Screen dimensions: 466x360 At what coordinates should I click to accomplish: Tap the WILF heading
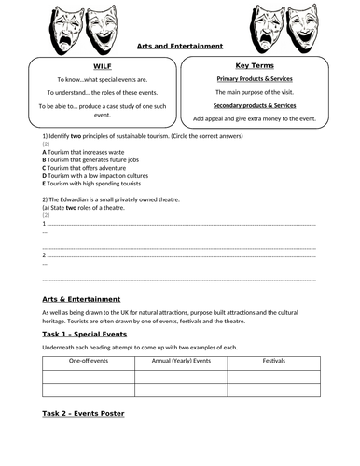103,67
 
